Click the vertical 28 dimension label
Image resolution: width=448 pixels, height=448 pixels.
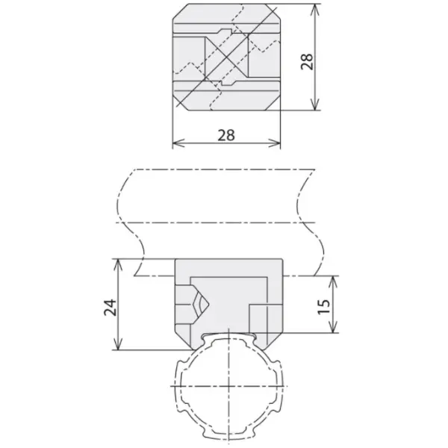(307, 61)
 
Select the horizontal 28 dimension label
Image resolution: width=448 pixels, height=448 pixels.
(226, 135)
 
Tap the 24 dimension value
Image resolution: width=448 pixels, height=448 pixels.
(110, 308)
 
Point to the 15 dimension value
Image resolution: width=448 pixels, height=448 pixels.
(324, 307)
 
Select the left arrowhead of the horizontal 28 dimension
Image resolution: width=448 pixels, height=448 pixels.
(179, 143)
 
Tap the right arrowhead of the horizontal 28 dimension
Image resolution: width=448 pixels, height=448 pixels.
(274, 143)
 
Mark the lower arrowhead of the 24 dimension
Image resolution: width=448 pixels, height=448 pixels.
(119, 343)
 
